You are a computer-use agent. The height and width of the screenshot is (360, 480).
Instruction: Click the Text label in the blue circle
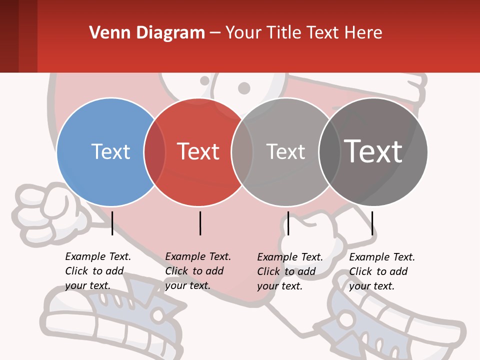pyautogui.click(x=110, y=151)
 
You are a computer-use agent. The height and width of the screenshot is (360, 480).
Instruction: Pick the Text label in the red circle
pyautogui.click(x=198, y=151)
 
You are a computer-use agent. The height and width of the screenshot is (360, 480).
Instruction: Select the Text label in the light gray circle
pyautogui.click(x=285, y=151)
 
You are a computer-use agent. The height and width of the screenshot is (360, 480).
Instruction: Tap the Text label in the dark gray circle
pyautogui.click(x=373, y=151)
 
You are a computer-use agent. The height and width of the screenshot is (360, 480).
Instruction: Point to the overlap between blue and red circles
pyautogui.click(x=154, y=151)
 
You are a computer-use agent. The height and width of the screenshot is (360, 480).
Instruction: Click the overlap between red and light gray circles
pyautogui.click(x=242, y=151)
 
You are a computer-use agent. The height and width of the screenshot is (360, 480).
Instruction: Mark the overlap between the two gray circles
pyautogui.click(x=329, y=151)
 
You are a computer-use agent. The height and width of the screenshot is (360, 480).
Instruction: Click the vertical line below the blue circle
pyautogui.click(x=112, y=223)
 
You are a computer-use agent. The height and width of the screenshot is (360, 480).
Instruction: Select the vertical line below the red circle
pyautogui.click(x=200, y=223)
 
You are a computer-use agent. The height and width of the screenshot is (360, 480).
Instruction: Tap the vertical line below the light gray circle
pyautogui.click(x=288, y=223)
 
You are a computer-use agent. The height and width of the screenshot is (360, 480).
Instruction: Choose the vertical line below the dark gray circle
pyautogui.click(x=372, y=223)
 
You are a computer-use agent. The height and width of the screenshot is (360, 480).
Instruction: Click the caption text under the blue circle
pyautogui.click(x=97, y=271)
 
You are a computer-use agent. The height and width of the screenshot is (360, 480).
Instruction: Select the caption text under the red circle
pyautogui.click(x=197, y=271)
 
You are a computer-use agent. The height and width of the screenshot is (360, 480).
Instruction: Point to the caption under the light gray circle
pyautogui.click(x=289, y=271)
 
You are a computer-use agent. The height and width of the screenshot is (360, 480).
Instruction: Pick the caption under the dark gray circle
pyautogui.click(x=381, y=271)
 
